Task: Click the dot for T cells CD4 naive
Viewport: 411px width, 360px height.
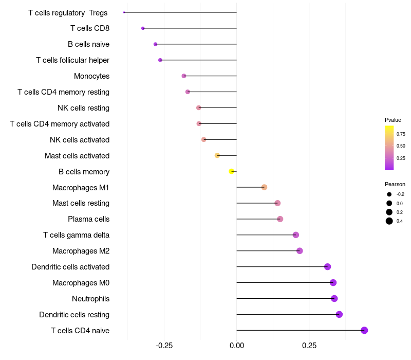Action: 364,330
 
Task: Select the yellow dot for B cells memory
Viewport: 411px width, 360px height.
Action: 232,171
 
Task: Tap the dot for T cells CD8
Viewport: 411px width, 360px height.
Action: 143,28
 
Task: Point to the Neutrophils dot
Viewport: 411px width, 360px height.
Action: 334,298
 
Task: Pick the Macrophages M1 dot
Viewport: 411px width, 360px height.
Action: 264,187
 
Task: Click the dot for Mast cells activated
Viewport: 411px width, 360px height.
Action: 217,155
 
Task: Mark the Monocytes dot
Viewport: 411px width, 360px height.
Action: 184,76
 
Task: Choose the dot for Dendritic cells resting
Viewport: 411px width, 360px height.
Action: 339,314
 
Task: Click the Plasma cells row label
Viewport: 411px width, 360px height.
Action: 88,219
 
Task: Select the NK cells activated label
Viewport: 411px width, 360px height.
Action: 80,140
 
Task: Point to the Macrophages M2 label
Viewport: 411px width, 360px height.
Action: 81,251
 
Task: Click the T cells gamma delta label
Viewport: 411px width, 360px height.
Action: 76,235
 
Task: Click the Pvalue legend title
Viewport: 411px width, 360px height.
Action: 393,120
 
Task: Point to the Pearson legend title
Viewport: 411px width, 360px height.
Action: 395,184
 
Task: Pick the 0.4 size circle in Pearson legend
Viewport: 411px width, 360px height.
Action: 389,221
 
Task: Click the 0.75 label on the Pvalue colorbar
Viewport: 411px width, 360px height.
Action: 401,134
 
